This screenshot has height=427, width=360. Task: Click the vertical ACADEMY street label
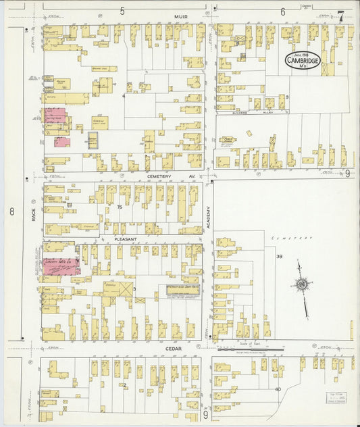pos(209,220)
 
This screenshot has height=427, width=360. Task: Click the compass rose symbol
pos(301,285)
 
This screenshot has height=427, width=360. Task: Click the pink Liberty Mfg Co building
pos(61,266)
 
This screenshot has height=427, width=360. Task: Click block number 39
pos(279,256)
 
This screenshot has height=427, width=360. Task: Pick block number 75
pos(120,207)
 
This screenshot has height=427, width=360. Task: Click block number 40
pos(278,389)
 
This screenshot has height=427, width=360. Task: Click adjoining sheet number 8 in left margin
pos(11,211)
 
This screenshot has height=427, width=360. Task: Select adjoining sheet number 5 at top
pos(122,11)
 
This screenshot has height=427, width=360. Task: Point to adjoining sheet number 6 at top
pos(282,11)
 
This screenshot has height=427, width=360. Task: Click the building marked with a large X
pos(127,288)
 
